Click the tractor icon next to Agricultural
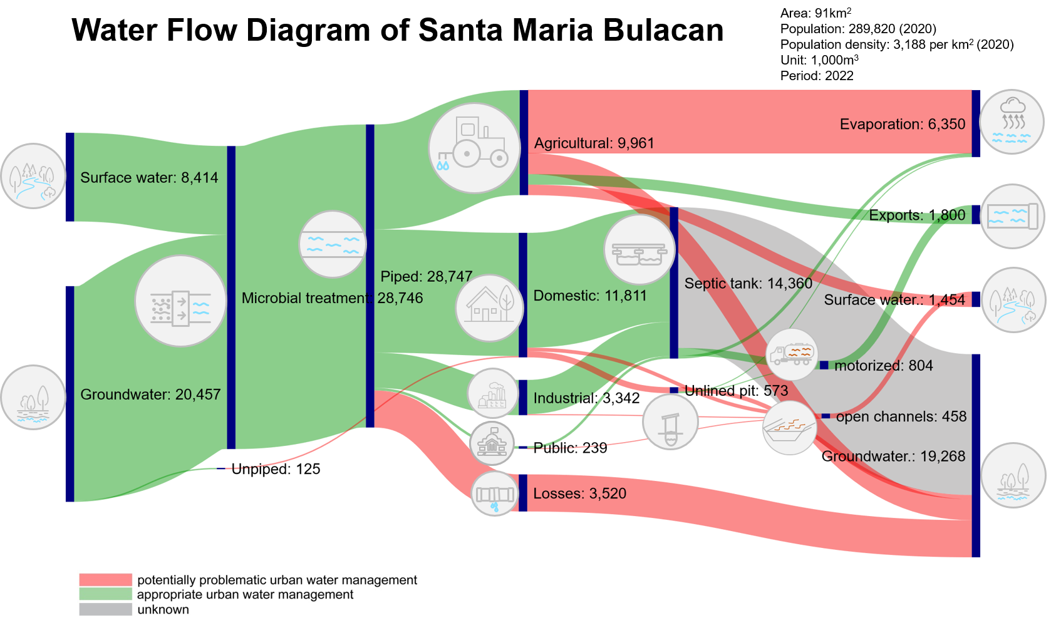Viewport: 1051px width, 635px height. [474, 148]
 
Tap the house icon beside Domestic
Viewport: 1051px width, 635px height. [489, 308]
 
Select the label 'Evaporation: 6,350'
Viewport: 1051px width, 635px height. [902, 124]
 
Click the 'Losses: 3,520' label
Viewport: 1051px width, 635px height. [579, 493]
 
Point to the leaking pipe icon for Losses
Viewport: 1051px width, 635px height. [495, 494]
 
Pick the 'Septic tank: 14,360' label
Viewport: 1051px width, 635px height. [748, 284]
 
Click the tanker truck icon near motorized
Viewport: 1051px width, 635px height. [792, 354]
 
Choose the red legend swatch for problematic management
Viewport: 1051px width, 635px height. [105, 580]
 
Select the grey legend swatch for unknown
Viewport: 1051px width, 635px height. [105, 609]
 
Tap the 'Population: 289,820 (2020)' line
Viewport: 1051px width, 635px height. [858, 29]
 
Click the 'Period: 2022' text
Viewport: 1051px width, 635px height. [817, 76]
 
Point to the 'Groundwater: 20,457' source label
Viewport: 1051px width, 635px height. [150, 395]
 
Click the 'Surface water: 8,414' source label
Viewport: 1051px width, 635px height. [149, 178]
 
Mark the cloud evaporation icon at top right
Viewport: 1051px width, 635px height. [1012, 121]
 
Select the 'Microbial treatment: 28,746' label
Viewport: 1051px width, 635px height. [332, 298]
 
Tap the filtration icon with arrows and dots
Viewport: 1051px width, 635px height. [180, 301]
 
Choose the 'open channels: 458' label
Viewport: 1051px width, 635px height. [901, 416]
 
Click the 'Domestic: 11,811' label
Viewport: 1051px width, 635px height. [589, 296]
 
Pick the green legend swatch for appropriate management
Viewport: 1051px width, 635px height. [105, 594]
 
